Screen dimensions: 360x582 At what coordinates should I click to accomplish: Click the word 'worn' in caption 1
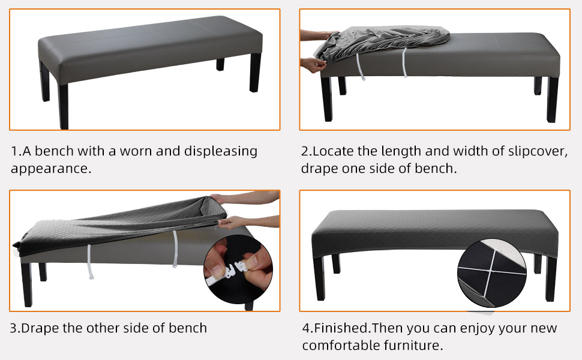pos(136,151)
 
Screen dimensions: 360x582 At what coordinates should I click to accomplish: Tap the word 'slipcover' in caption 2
pos(537,151)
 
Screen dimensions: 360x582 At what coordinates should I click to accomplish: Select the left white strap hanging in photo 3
pos(89,259)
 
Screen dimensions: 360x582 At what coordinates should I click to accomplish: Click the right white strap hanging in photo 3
pos(176,248)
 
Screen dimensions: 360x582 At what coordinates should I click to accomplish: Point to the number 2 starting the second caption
pos(304,151)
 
